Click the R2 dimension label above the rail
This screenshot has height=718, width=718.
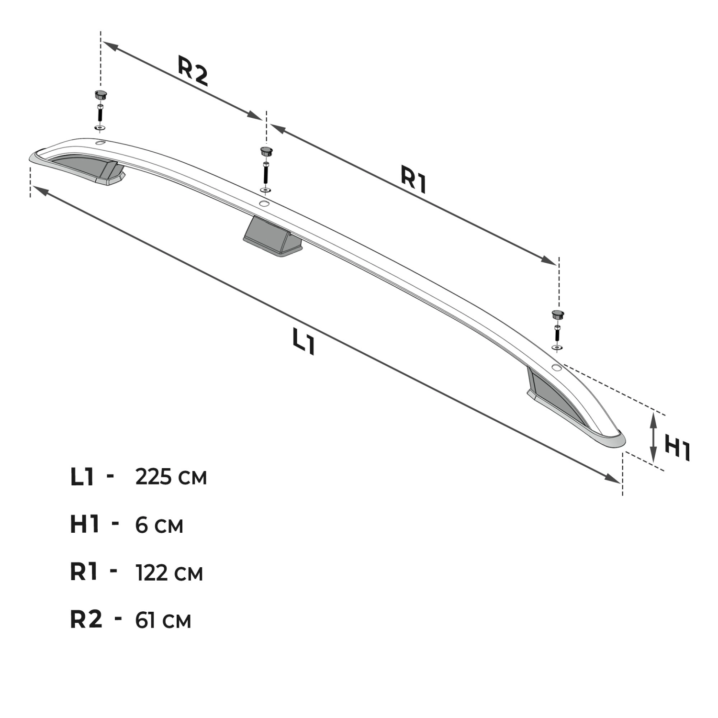pyautogui.click(x=193, y=71)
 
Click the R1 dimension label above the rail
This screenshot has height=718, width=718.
pyautogui.click(x=414, y=179)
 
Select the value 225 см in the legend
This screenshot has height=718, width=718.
pyautogui.click(x=171, y=477)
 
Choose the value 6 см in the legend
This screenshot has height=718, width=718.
pyautogui.click(x=159, y=525)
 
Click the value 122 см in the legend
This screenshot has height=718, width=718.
pyautogui.click(x=169, y=572)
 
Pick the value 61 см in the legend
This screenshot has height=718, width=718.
pyautogui.click(x=163, y=620)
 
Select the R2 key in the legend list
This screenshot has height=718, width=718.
pyautogui.click(x=86, y=619)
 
